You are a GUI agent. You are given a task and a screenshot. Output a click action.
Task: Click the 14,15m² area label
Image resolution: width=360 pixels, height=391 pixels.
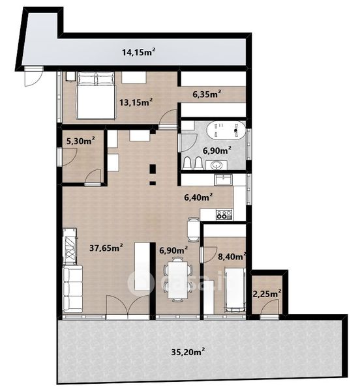(x=139, y=52)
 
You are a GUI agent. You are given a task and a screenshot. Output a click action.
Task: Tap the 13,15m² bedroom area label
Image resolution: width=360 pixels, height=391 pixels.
(x=136, y=102)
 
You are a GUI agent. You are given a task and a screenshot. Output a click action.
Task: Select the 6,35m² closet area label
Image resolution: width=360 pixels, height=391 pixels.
(x=207, y=94)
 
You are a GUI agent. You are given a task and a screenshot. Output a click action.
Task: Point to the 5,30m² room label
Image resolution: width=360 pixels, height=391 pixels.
(x=80, y=141)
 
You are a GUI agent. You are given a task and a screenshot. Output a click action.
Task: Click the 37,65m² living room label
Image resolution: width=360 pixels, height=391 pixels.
(x=106, y=248)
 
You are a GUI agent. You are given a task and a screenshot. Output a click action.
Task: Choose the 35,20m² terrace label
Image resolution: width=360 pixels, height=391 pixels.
(x=188, y=352)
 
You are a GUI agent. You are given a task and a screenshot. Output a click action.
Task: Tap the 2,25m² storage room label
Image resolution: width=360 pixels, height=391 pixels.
(x=267, y=294)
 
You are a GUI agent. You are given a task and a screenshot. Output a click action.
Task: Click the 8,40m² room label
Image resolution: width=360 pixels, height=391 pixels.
(x=232, y=256)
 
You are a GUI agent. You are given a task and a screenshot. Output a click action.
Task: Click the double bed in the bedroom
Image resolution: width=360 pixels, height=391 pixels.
(x=95, y=95)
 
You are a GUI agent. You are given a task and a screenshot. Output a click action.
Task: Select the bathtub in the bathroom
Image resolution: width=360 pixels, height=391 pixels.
(x=226, y=130)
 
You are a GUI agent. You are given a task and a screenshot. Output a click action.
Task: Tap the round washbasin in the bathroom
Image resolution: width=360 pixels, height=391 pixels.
(x=217, y=165)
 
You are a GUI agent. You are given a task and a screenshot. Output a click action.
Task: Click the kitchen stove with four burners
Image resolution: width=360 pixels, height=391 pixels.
(x=224, y=214)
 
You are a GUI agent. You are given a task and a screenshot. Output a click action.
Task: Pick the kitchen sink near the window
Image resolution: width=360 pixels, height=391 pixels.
(x=224, y=180)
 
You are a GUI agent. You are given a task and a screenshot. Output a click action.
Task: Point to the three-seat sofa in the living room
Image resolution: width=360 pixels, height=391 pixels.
(x=72, y=289)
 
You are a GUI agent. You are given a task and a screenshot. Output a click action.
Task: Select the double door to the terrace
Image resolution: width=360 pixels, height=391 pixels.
(x=128, y=307)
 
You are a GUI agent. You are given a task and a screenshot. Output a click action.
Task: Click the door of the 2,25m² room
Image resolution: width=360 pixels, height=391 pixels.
(x=269, y=309)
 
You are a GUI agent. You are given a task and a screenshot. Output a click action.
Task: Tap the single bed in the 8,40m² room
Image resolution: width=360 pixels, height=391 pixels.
(x=235, y=290)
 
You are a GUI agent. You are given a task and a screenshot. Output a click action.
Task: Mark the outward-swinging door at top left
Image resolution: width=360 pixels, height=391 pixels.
(x=33, y=76)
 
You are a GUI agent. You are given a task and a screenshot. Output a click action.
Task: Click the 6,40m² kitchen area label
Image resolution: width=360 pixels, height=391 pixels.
(x=198, y=197)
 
